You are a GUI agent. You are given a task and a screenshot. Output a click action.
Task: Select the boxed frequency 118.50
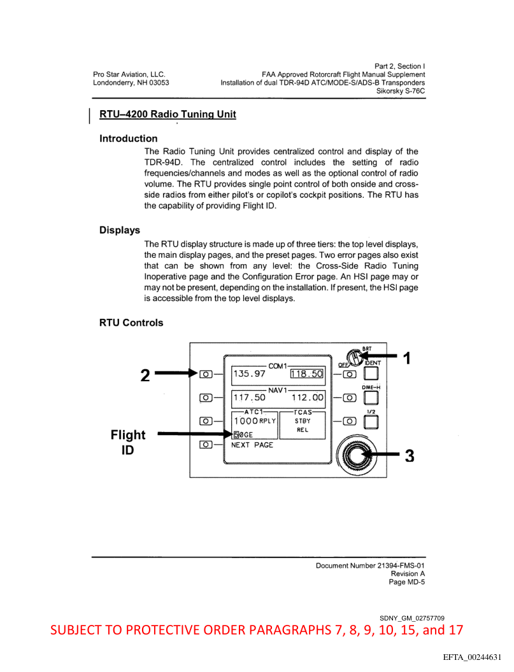[x=307, y=374]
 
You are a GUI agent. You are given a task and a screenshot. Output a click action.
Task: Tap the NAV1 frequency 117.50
[x=248, y=398]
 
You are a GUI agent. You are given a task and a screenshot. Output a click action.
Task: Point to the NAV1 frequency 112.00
[x=308, y=398]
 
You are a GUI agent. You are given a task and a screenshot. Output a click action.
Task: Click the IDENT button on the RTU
[x=371, y=375]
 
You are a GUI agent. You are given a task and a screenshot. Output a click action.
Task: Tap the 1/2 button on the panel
[x=371, y=423]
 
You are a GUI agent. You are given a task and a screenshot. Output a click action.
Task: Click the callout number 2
[x=145, y=375]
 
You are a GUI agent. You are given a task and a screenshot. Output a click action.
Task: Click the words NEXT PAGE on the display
[x=252, y=445]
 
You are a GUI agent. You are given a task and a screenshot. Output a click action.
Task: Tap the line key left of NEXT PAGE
[x=206, y=445]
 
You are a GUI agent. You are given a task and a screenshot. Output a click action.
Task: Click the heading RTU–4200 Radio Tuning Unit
[x=168, y=115]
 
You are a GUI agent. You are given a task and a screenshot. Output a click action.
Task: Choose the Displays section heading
[x=120, y=230]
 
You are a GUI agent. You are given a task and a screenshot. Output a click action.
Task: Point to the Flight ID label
[x=128, y=442]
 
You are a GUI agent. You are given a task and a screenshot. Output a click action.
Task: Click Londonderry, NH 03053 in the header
[x=131, y=83]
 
